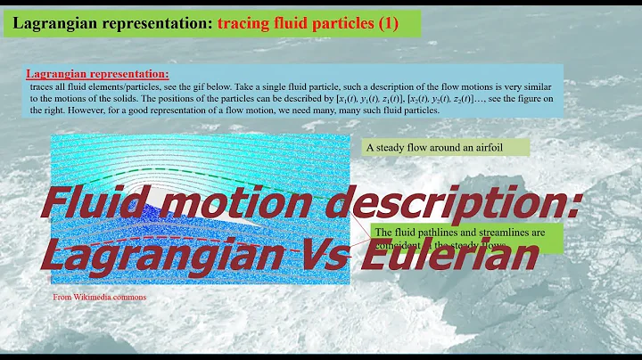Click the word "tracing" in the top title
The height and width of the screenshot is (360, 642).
pos(239,23)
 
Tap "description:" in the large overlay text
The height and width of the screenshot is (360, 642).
pos(464,208)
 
